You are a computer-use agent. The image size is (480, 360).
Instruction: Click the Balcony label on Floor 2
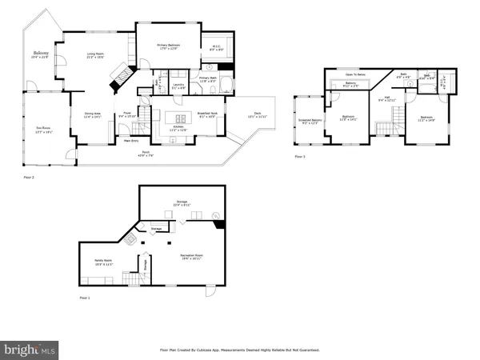40,54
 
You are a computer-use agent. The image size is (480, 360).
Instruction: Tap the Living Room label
96,55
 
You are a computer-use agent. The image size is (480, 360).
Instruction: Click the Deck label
254,114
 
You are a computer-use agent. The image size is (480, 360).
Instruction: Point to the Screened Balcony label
308,121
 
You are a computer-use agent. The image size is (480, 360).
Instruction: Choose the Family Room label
103,262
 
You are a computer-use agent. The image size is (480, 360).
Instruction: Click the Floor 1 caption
84,297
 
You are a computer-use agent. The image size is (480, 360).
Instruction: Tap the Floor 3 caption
298,156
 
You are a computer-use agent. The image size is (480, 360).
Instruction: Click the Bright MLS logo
30,350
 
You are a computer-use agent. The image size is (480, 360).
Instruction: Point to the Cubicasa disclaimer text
239,350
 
